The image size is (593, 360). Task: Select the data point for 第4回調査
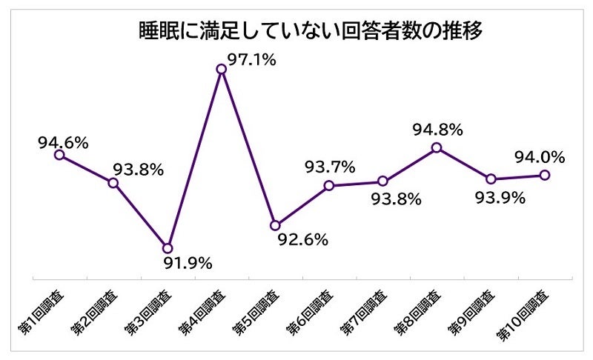[221, 69]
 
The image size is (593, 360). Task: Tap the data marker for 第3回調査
[168, 247]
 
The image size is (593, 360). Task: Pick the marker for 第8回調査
[437, 147]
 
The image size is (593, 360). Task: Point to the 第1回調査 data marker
[59, 154]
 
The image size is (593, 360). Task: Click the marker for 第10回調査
[544, 175]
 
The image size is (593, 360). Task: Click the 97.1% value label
[251, 60]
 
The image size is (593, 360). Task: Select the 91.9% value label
[188, 263]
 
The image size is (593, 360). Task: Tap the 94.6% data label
[63, 139]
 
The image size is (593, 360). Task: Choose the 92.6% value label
[303, 240]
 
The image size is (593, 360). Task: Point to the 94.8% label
[437, 130]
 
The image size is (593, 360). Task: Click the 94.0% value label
[540, 157]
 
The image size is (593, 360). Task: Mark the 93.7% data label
[330, 167]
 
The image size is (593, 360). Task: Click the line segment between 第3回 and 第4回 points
[194, 159]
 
